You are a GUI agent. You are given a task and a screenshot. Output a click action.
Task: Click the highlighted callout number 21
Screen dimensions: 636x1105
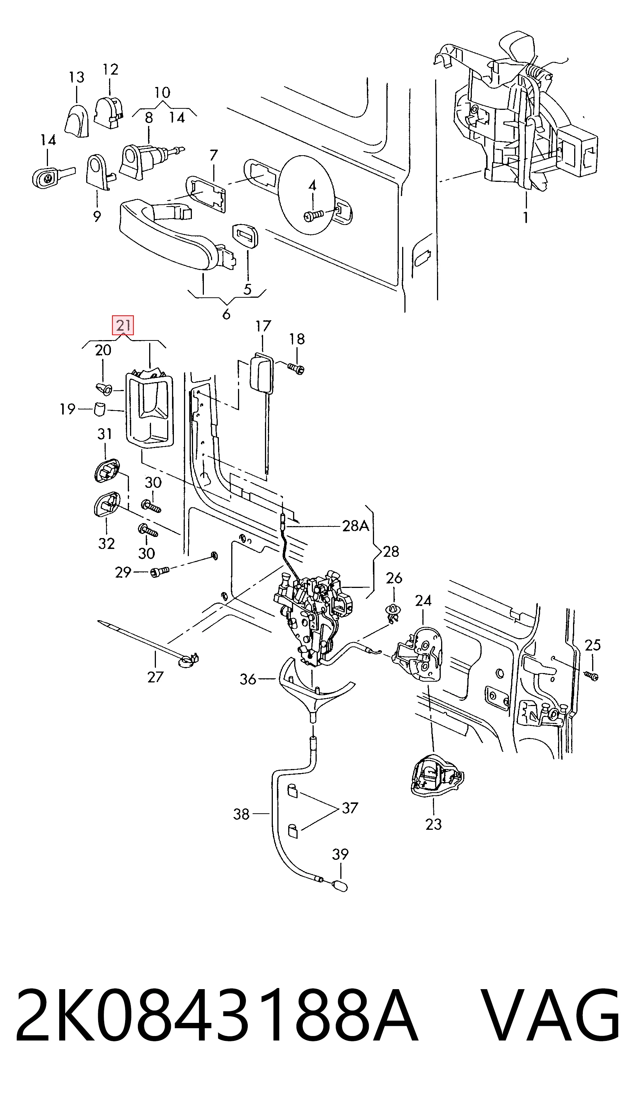coord(123,325)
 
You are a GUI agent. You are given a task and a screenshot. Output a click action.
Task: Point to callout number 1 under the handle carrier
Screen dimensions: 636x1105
coord(526,217)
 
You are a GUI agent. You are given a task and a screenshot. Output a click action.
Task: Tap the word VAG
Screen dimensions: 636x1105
coord(553,1021)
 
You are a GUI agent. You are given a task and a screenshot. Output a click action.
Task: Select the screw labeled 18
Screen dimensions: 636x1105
coord(296,369)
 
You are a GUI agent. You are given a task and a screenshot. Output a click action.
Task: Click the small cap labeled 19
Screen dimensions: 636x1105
coord(100,410)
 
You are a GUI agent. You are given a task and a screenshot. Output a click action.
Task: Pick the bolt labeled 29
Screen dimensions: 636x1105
coord(160,571)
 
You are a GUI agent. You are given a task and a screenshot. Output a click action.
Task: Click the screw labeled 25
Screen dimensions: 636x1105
coord(591,676)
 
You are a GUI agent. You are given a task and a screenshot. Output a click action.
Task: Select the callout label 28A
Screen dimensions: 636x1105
coord(356,526)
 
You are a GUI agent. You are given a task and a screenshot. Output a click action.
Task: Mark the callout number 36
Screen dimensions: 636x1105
coord(248,679)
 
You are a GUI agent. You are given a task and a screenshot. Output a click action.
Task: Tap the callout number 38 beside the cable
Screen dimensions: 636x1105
coord(241,814)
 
